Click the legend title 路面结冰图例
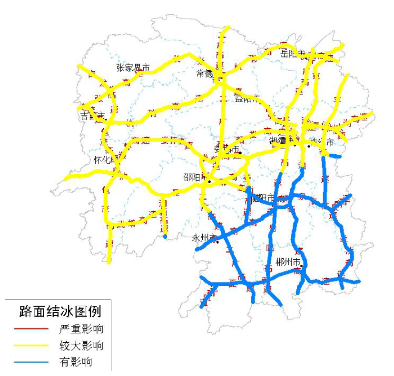60,312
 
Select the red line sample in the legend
31,329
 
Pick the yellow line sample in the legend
31,345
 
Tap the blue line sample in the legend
31,362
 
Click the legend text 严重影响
81,329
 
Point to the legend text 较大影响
81,345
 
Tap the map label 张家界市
133,68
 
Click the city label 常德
205,74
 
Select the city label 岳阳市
293,54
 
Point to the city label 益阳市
246,99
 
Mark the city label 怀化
102,160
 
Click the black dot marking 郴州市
302,266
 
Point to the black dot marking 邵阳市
209,181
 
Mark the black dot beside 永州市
217,242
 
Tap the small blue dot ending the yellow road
165,236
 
